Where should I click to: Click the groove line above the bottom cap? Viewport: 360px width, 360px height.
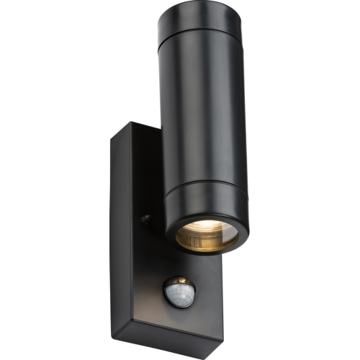click(204, 181)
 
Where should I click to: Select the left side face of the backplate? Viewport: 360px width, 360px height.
click(122, 238)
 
